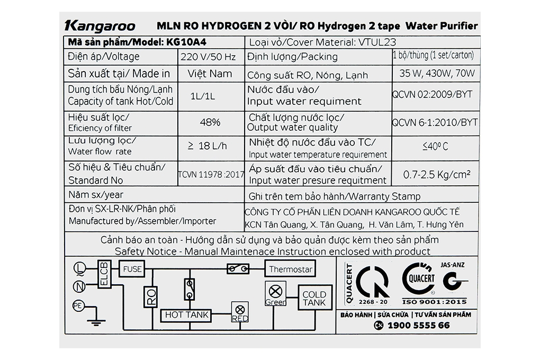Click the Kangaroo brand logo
coord(100,26)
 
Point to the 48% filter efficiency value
coord(210,122)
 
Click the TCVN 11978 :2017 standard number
coord(211,174)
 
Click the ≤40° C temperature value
coord(435,147)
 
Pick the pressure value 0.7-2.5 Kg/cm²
coord(437,174)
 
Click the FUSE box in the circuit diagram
coord(132,269)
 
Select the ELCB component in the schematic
coord(104,275)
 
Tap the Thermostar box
coord(291,269)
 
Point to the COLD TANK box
coord(314,299)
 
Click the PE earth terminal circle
coord(77,305)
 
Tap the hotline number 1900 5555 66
coord(418,326)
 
